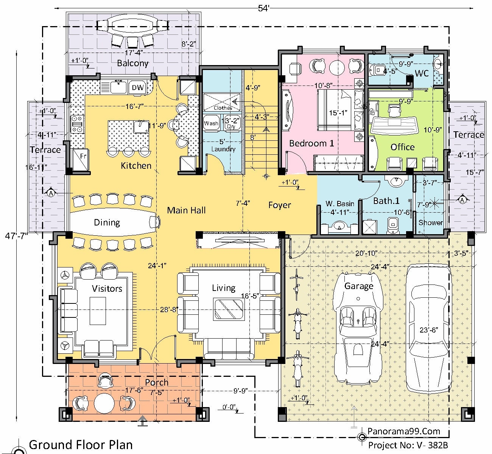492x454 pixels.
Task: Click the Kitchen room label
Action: (x=136, y=165)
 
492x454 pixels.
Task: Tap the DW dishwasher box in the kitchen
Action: (x=138, y=88)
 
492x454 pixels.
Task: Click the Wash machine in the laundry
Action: (x=211, y=123)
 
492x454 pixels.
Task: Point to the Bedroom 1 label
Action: (x=311, y=143)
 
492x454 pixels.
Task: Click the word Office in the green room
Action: (x=402, y=147)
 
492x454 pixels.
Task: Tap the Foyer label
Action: (x=280, y=205)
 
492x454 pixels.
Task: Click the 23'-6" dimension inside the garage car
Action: (x=428, y=330)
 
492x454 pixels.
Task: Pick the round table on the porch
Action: (x=104, y=404)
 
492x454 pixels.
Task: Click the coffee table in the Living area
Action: (x=228, y=308)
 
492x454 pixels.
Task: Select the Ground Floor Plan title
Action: (x=81, y=444)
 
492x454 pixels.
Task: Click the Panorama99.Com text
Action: (x=404, y=431)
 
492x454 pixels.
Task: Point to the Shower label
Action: (x=430, y=222)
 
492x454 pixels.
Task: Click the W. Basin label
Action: (x=340, y=204)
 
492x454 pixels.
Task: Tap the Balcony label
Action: (x=132, y=63)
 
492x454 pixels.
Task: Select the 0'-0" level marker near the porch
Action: (x=229, y=407)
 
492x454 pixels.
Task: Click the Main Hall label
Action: (x=186, y=210)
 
